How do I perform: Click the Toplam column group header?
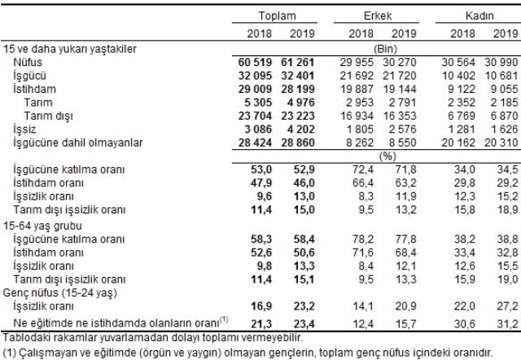276,16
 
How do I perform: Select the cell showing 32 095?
249,74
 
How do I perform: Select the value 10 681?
498,74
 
